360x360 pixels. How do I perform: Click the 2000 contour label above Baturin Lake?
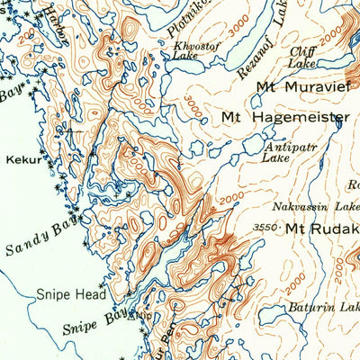point(296,276)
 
